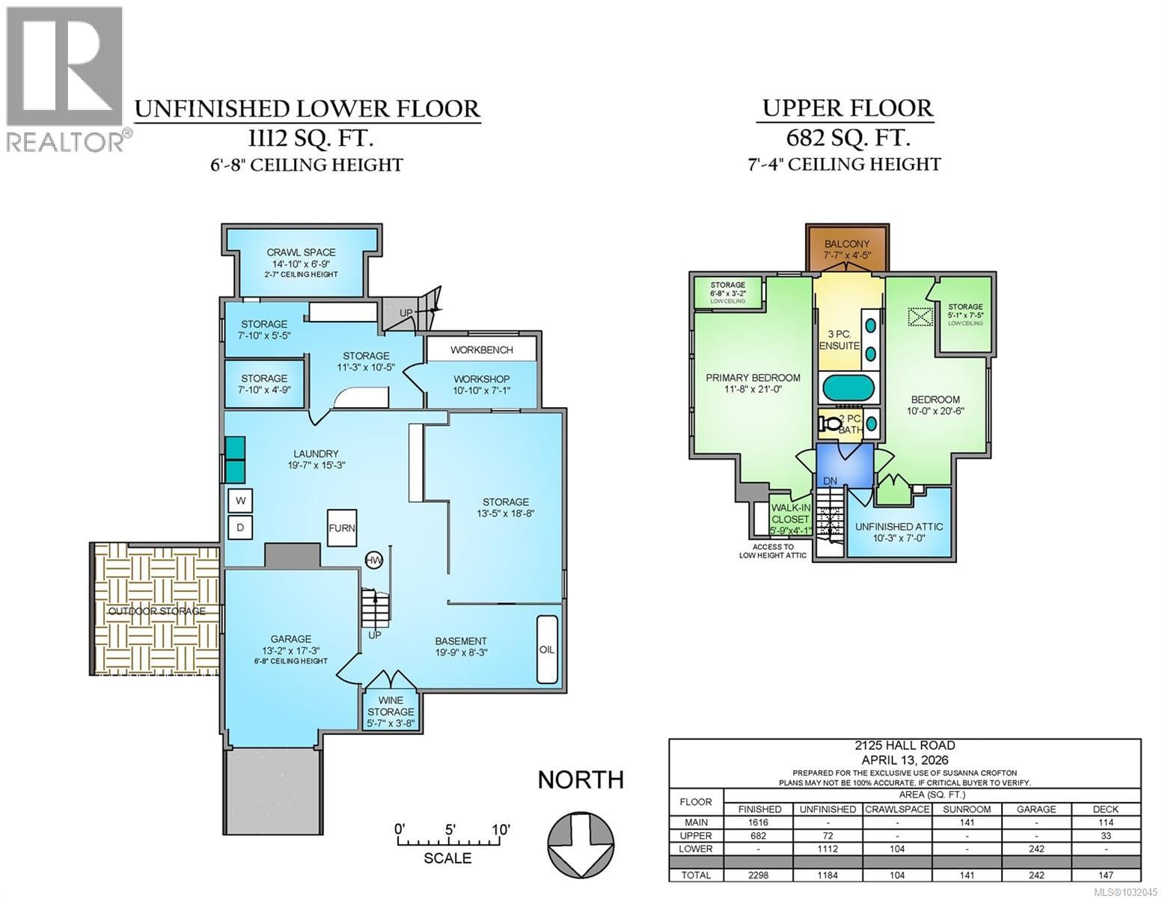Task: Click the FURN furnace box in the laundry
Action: (x=342, y=528)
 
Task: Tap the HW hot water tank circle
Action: (x=373, y=560)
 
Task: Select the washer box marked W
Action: (x=241, y=501)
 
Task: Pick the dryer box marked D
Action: (x=241, y=527)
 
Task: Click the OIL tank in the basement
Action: (x=547, y=649)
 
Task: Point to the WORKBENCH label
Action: (x=481, y=349)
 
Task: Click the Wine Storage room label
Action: (x=391, y=706)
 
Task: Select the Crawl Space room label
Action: (x=301, y=253)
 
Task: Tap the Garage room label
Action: (x=290, y=639)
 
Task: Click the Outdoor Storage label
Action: (x=156, y=611)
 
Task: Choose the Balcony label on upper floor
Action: (x=847, y=244)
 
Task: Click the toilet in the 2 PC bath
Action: (x=831, y=424)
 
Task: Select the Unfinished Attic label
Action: (x=899, y=527)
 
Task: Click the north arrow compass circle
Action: (x=581, y=840)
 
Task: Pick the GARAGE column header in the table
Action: (x=1036, y=809)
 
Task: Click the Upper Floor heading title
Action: (x=847, y=109)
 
